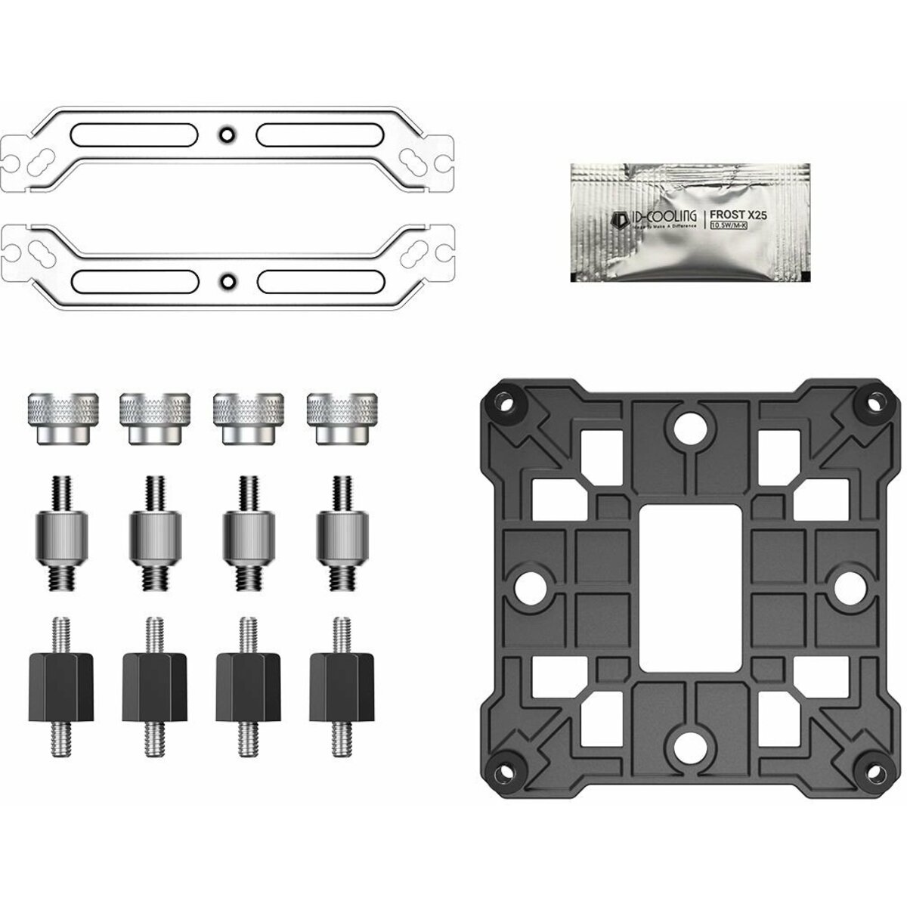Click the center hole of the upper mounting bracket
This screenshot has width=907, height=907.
pyautogui.click(x=225, y=135)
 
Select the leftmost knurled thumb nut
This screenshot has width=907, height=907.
pyautogui.click(x=63, y=417)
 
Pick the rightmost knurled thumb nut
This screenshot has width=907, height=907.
pyautogui.click(x=341, y=417)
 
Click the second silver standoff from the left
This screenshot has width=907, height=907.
pyautogui.click(x=156, y=533)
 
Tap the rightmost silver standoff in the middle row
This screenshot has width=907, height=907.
pyautogui.click(x=342, y=533)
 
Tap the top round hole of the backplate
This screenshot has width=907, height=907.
pyautogui.click(x=689, y=425)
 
